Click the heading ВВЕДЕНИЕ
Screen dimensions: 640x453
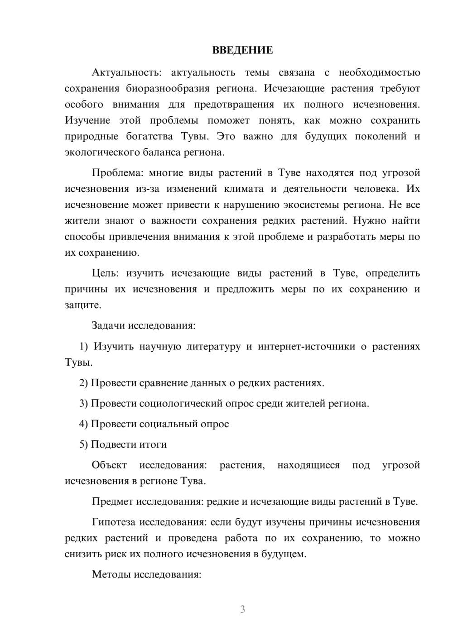pos(242,50)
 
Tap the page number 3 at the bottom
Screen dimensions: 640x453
pos(242,609)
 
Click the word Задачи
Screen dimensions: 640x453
pos(109,325)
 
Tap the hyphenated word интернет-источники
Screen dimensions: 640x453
pos(306,347)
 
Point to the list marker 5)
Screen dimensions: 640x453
pos(84,444)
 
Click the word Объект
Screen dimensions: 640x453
pos(109,465)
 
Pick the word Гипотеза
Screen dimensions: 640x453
pos(114,522)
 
